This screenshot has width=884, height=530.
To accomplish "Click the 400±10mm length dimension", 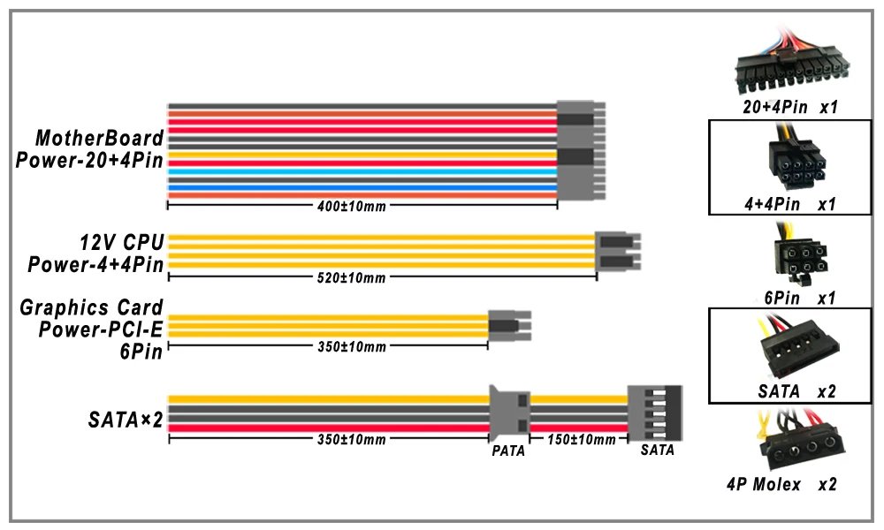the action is tap(351, 206).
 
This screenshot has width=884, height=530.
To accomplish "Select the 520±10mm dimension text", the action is tap(351, 277).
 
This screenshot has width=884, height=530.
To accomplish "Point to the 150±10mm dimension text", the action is tap(582, 439).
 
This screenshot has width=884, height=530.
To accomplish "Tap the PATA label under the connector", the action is tap(508, 450).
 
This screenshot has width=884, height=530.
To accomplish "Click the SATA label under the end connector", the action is tap(658, 450).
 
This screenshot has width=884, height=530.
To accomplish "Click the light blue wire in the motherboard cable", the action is tap(362, 171).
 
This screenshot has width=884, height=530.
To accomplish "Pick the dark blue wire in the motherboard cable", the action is tap(362, 188).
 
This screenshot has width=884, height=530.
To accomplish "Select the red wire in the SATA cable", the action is tap(329, 428).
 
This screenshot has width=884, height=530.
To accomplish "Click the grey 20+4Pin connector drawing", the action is tap(581, 150).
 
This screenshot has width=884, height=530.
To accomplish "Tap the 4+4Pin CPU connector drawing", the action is tap(618, 251).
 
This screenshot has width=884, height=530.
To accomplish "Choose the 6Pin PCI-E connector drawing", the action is tap(510, 326).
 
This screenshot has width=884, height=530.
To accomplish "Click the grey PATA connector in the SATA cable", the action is tap(510, 413).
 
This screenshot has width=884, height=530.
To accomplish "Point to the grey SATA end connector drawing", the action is tap(655, 413).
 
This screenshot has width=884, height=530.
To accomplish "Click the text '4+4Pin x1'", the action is tap(789, 204).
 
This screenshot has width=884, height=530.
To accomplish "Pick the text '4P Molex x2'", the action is tap(781, 484).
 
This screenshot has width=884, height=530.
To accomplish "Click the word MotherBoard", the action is tap(99, 138).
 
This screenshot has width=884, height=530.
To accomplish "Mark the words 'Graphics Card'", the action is tap(91, 307).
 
